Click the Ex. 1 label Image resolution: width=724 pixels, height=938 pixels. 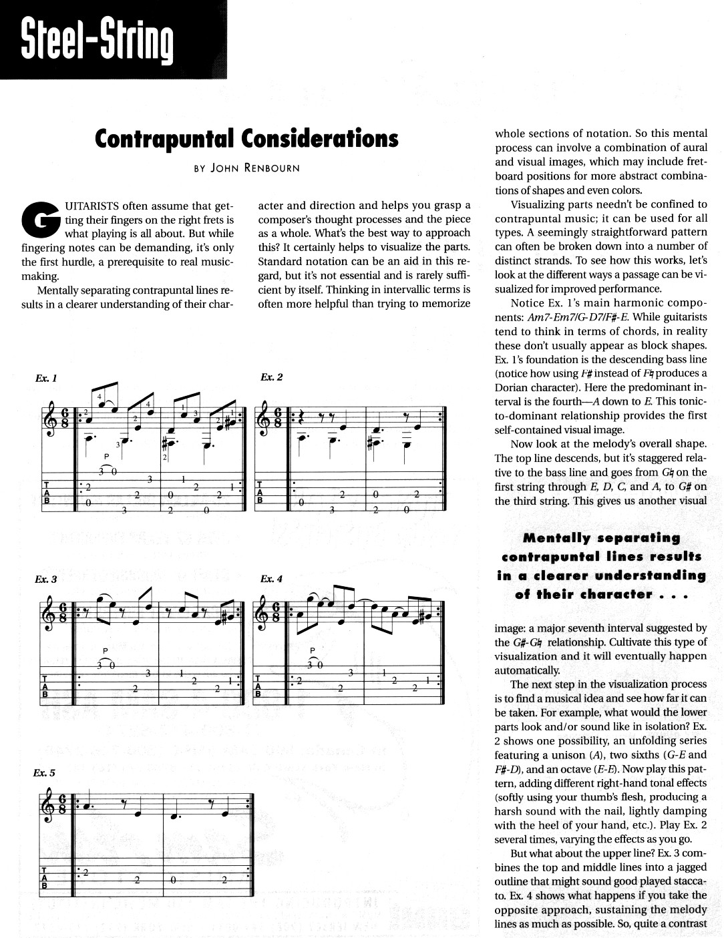pyautogui.click(x=46, y=378)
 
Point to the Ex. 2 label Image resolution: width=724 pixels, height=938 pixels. pyautogui.click(x=272, y=378)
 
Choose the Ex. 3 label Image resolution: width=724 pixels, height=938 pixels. pyautogui.click(x=46, y=579)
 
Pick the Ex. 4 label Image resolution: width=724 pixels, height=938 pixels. pyautogui.click(x=272, y=579)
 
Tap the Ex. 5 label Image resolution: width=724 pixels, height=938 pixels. pyautogui.click(x=44, y=773)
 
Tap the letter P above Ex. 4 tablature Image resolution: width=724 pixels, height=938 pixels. pyautogui.click(x=313, y=650)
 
